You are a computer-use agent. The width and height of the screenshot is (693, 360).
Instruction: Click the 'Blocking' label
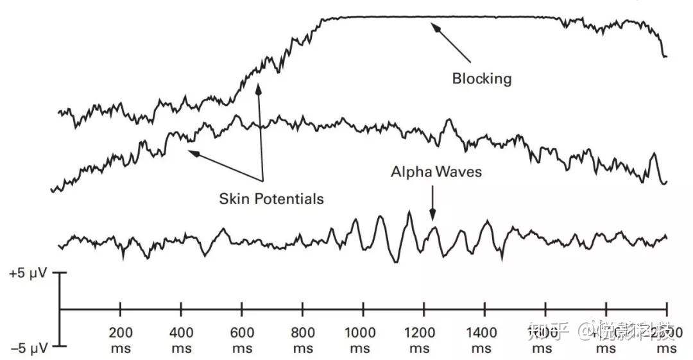click(482, 78)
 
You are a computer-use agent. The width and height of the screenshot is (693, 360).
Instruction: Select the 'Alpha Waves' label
click(436, 172)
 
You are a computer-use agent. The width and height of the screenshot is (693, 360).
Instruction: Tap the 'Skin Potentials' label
click(271, 198)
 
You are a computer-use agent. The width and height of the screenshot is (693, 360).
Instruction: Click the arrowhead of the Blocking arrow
click(434, 27)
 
